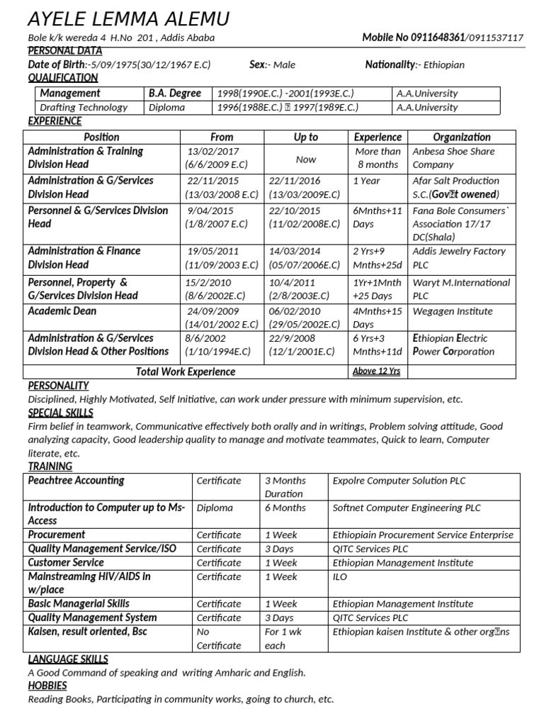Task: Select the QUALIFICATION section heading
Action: (62, 78)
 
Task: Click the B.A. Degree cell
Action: (175, 94)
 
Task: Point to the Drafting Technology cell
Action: (84, 108)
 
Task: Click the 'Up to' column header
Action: (306, 137)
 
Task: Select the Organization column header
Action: (462, 137)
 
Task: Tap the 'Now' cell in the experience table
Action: (306, 160)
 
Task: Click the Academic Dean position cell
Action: (62, 311)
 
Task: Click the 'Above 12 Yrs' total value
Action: (376, 372)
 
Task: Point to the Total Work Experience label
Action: (186, 372)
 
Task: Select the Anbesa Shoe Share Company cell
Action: (453, 158)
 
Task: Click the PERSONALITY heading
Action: (58, 386)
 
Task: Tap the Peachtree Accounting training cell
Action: (76, 481)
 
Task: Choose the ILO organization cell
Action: (340, 577)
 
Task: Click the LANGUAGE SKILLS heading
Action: (68, 659)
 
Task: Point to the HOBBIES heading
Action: (47, 686)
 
